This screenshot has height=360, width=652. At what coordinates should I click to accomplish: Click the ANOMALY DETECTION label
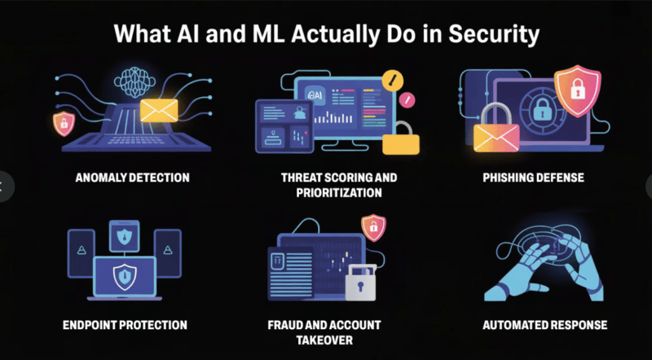tap(132, 178)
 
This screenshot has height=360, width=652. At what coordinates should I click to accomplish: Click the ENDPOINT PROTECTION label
tap(125, 325)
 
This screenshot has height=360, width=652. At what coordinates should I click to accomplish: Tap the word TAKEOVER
tap(325, 340)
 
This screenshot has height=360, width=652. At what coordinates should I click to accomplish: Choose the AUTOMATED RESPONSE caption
tap(544, 325)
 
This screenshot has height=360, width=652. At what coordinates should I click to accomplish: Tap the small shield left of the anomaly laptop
tap(62, 123)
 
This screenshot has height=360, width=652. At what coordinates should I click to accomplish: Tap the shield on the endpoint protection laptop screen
tap(124, 276)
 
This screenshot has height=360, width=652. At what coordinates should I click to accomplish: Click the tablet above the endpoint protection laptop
tap(124, 236)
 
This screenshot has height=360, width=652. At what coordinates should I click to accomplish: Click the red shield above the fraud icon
tap(373, 227)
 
